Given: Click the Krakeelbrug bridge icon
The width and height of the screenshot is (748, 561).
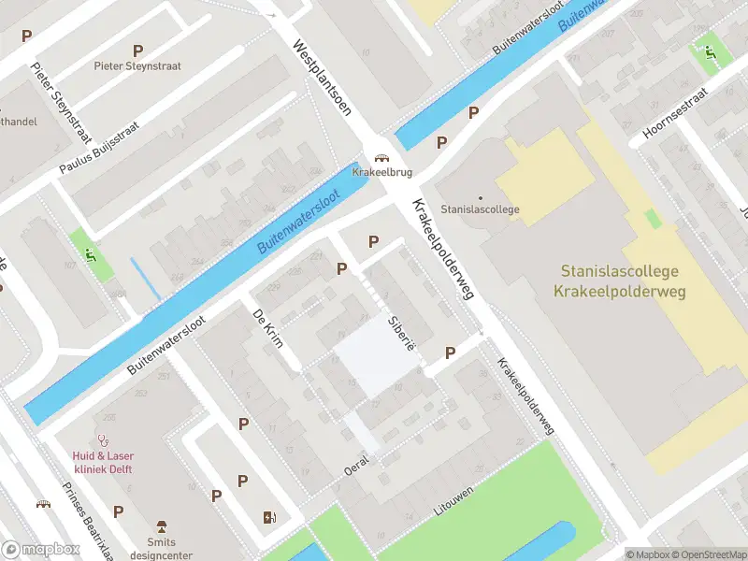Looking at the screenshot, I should (x=381, y=158).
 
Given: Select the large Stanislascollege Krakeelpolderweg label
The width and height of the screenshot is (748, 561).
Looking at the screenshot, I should (x=621, y=281).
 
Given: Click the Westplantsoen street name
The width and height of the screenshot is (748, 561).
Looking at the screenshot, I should (x=321, y=77).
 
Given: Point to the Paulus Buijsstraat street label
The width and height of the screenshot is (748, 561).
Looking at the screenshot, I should (x=99, y=148).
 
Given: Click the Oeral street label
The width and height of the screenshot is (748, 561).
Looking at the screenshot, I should (x=357, y=465).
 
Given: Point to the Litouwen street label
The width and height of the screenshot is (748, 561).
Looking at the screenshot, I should (x=453, y=501).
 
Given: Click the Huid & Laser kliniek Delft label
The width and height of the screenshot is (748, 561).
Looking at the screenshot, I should (x=102, y=463).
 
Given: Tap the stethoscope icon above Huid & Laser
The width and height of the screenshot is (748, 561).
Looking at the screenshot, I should (x=103, y=439).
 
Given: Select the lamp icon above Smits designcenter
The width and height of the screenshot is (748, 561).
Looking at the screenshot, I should (x=161, y=525).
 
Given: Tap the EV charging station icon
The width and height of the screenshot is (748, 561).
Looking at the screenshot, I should (x=270, y=517).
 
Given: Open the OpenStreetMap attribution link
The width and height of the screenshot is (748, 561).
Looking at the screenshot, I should (x=709, y=554).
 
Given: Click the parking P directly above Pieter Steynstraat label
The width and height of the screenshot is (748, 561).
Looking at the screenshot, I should (x=138, y=50).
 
